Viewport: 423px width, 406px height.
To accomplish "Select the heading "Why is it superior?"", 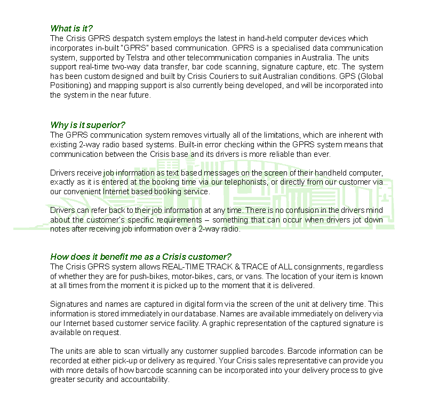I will [x=88, y=125].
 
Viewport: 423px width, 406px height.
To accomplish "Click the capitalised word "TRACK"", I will [x=220, y=267].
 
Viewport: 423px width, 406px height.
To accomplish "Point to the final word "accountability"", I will [x=144, y=380].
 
